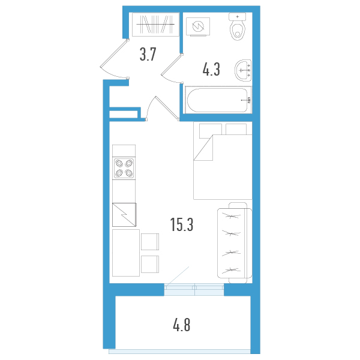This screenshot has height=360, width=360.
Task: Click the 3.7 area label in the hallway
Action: point(148,54)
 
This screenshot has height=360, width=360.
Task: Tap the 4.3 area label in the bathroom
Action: point(211,69)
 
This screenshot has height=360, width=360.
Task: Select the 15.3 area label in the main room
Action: point(182,224)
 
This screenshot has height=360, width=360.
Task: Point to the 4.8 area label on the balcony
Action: point(182,325)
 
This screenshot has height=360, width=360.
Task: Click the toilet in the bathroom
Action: point(238,26)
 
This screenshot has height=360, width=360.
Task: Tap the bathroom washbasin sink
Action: point(243,70)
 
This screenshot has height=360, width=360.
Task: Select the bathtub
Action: point(218,100)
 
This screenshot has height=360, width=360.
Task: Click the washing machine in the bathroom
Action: point(198,26)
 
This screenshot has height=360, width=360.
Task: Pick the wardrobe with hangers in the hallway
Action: point(155,25)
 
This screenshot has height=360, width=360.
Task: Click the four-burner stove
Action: point(124,168)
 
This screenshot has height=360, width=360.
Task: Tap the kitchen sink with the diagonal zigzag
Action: point(124,215)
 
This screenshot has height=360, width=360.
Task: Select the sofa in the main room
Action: point(235,243)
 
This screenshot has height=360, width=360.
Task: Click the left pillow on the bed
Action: point(211,131)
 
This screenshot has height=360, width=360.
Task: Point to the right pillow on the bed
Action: point(236,129)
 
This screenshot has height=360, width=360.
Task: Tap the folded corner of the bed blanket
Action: point(203,148)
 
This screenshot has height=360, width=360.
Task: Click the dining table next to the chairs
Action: point(126,253)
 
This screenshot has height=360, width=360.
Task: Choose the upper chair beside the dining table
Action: point(150,242)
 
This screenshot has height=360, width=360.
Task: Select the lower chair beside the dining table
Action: point(150,264)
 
